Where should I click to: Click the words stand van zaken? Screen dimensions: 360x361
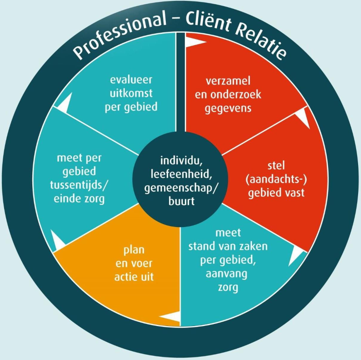[228, 246]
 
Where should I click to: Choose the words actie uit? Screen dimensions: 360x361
[134, 276]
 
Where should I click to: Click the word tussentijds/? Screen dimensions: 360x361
[81, 185]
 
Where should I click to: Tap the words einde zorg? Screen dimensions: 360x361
[81, 198]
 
